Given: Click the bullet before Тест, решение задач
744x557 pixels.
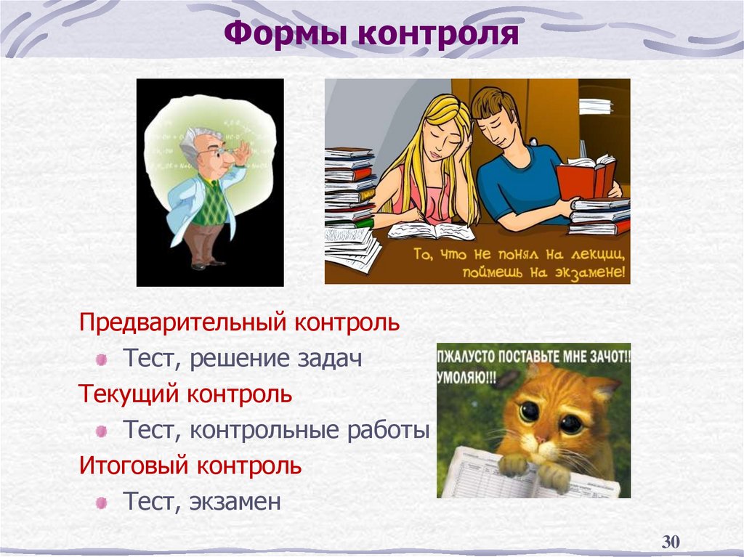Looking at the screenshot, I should pos(102,359).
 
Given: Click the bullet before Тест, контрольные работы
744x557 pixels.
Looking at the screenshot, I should pos(102,431).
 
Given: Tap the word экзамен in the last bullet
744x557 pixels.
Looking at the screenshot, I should pos(235,502).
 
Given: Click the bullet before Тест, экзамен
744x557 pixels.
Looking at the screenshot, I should pos(102,503).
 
